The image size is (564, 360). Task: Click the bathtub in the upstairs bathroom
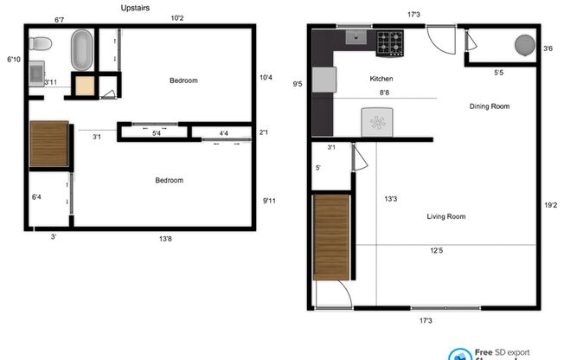pos(82,50)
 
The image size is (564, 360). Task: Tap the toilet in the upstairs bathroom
pos(38,43)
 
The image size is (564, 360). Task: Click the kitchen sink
pos(356,37)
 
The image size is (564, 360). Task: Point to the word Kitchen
pos(381,79)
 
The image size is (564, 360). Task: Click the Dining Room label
pos(490,106)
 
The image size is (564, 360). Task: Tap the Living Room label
pos(446,216)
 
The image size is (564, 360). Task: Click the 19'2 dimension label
pos(550,205)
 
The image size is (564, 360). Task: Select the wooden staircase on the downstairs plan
pos(330,237)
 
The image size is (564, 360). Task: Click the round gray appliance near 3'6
pos(524,44)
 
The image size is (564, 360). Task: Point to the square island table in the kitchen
pos(378,121)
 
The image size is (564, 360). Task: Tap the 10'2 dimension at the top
pos(178,18)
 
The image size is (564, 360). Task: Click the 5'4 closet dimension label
pos(157,133)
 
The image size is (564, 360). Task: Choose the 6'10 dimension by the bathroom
pos(13,60)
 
